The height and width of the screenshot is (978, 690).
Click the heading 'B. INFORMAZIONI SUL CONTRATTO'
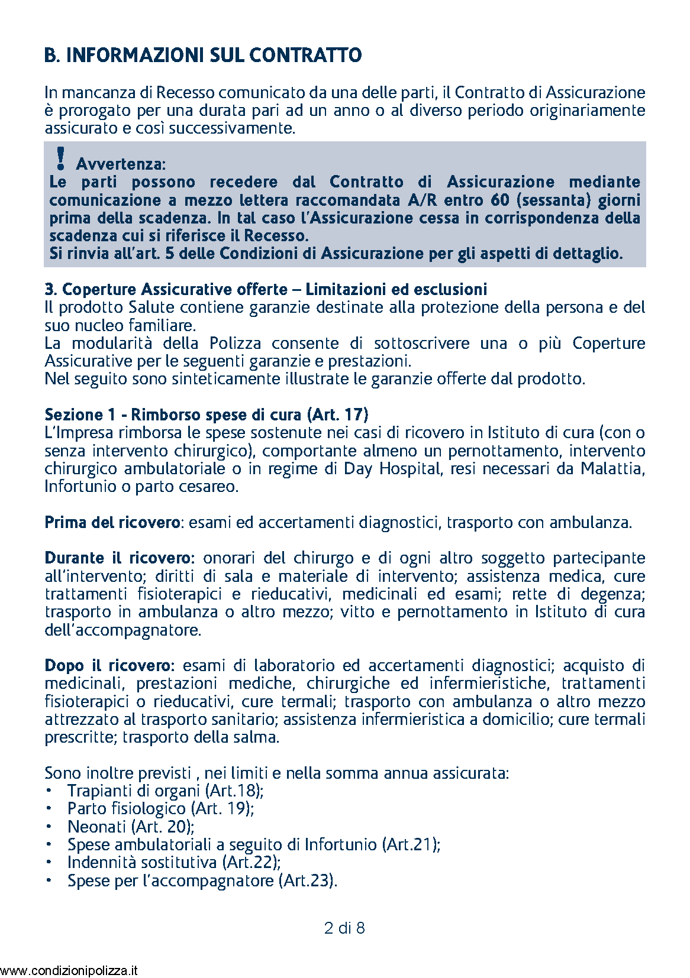click(203, 56)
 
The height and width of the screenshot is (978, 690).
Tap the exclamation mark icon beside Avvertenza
click(59, 159)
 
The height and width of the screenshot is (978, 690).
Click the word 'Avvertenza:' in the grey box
click(121, 164)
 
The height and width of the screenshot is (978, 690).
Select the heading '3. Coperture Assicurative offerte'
click(166, 289)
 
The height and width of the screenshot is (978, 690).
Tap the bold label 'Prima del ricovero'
click(112, 522)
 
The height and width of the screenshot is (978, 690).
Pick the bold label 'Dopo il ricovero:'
click(109, 665)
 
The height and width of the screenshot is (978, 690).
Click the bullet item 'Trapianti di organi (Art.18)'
click(166, 791)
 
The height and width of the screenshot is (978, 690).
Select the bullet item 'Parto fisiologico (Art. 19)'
click(161, 808)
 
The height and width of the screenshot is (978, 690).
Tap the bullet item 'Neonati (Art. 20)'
click(131, 827)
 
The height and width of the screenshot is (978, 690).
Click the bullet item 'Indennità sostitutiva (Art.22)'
click(174, 862)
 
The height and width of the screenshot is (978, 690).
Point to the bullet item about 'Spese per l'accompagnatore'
click(202, 880)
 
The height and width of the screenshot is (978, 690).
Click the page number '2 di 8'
click(344, 928)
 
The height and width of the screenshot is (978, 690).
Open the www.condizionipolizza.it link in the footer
click(70, 970)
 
